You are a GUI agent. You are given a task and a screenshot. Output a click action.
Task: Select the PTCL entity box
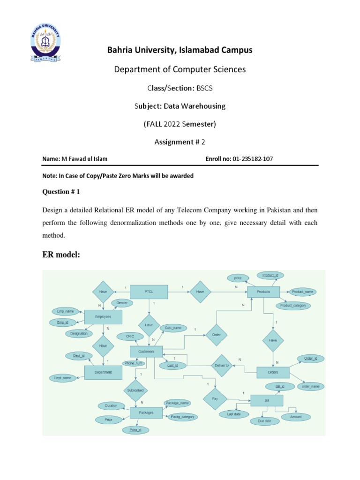coord(149,292)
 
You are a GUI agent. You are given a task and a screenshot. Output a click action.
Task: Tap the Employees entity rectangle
coord(103,317)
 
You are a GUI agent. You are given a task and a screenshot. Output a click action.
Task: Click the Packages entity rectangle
coord(146,413)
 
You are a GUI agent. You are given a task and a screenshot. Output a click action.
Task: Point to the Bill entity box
coord(267,401)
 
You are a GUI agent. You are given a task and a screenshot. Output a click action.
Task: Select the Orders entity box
coord(273,373)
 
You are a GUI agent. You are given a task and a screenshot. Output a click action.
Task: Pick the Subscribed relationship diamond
coord(135,390)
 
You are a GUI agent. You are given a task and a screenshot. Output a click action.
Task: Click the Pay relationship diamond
coord(215,398)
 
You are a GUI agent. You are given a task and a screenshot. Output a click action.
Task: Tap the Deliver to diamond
coord(221,365)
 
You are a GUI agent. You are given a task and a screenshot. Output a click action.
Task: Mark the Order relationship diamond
coord(217,335)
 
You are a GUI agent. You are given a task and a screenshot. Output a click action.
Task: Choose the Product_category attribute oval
coord(293,305)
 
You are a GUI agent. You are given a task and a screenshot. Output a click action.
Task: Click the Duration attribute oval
coord(112,405)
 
